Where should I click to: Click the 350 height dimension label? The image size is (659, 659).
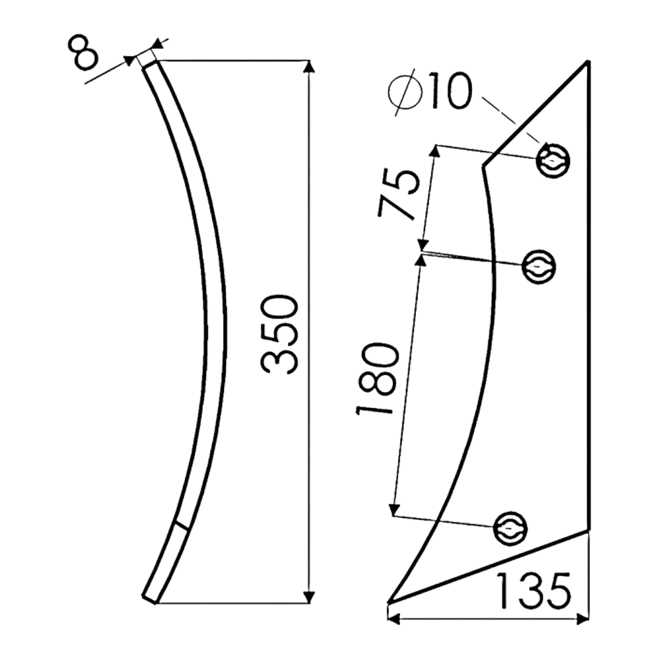(279, 334)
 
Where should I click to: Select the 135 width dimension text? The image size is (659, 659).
(534, 591)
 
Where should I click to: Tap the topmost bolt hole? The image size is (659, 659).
(554, 160)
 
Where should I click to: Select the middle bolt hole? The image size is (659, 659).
(539, 266)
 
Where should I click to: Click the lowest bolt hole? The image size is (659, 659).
(510, 529)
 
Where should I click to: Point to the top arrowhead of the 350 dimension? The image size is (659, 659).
(309, 67)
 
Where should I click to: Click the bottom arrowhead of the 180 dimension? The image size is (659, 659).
(394, 509)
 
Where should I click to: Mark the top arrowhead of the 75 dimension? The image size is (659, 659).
(436, 152)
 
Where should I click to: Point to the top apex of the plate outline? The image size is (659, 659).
(588, 62)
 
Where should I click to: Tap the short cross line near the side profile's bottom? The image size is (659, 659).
(182, 526)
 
